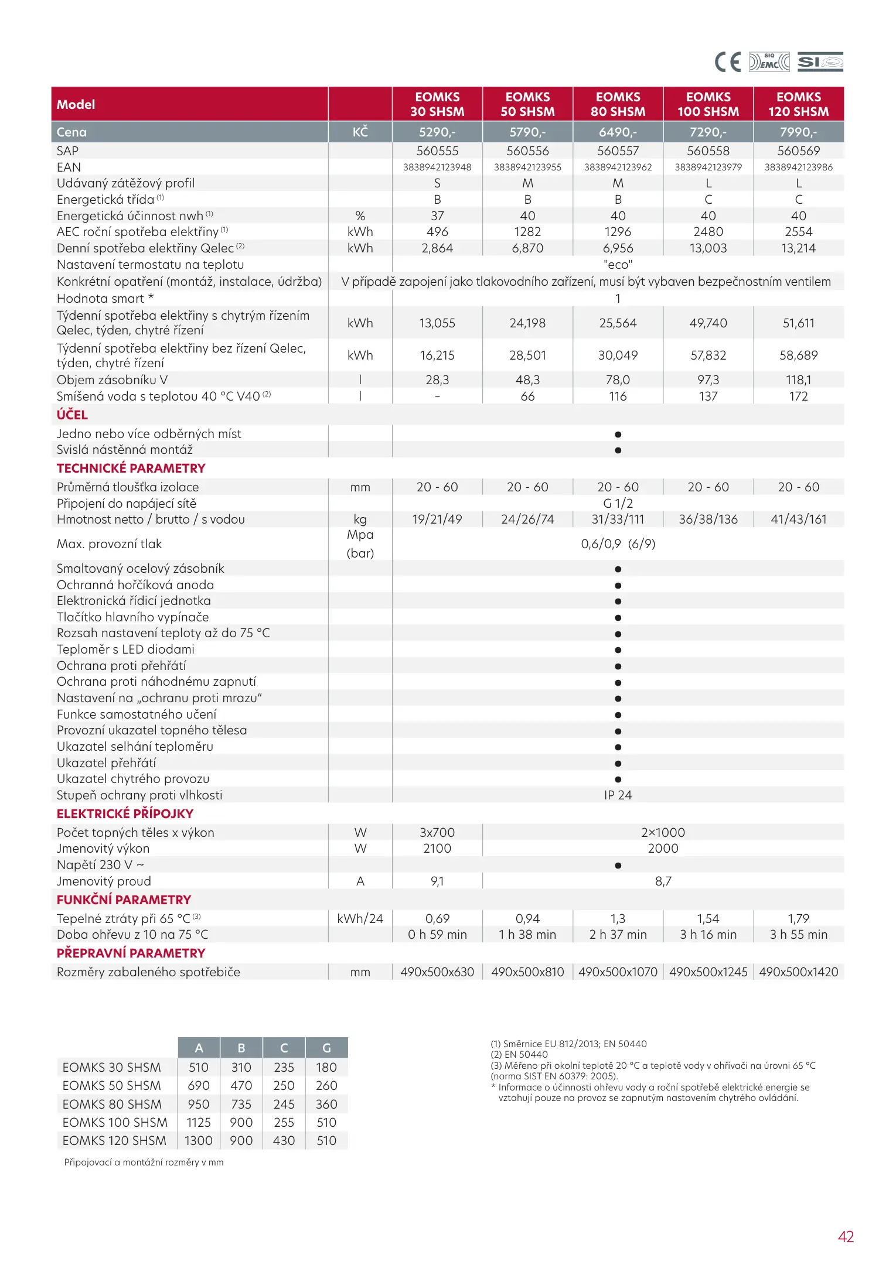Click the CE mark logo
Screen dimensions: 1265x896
coord(727,62)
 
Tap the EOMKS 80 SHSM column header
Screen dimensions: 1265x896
coord(618,104)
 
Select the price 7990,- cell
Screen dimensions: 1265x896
coord(798,132)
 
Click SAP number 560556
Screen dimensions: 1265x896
coord(527,151)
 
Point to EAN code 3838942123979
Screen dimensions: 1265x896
coord(708,167)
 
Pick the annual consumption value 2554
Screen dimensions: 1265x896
coord(798,232)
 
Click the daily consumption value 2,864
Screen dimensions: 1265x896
coord(437,248)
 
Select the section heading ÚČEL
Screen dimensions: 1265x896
coord(72,415)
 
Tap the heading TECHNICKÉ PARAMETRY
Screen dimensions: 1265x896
coord(131,469)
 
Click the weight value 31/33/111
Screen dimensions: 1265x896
coord(618,519)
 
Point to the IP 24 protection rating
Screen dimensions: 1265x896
coord(618,795)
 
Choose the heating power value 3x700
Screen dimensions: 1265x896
coord(437,833)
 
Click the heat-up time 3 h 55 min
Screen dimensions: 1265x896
coord(798,935)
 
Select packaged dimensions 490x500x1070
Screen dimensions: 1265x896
coord(618,972)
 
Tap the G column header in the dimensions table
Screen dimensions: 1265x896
coord(326,1048)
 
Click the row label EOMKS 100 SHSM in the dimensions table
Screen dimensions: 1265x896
coord(115,1123)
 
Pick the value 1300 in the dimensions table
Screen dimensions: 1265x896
coord(199,1141)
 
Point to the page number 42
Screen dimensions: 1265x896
coord(846,1237)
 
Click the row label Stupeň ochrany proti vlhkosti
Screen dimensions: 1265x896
coord(139,795)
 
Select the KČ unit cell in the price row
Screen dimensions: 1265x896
coord(360,132)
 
